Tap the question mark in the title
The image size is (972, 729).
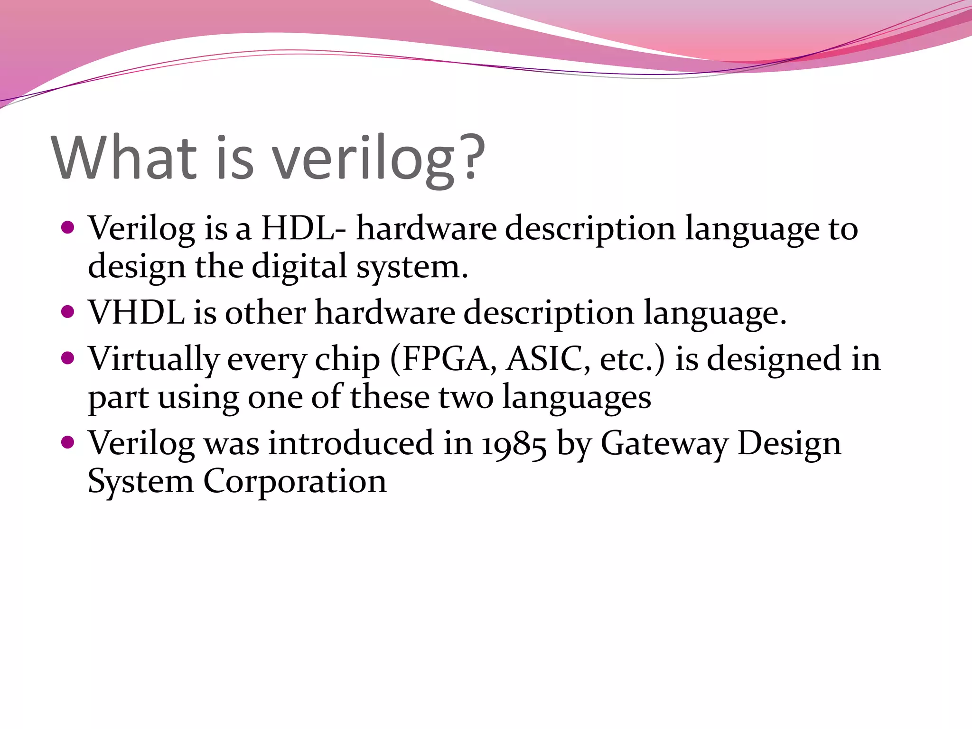470,157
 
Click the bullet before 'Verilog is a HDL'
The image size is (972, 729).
68,228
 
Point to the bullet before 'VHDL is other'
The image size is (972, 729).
68,312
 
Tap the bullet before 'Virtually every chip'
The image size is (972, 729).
68,358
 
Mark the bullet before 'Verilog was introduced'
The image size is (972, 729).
68,443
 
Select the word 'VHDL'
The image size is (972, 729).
137,312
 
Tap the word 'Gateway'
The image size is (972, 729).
664,444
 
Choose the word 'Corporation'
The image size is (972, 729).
295,482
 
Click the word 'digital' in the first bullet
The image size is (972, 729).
299,267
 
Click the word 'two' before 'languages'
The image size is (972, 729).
466,398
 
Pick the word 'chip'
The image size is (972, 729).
347,360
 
